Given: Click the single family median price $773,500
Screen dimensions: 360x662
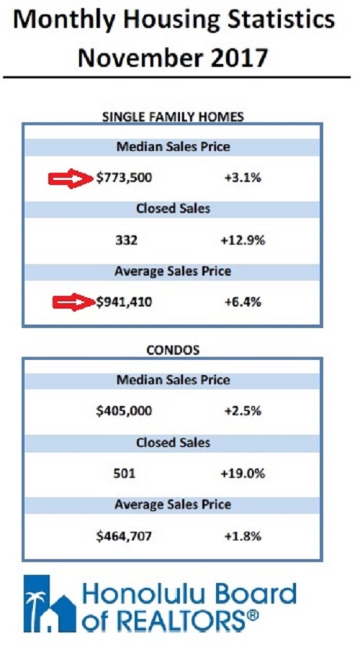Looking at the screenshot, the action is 124,178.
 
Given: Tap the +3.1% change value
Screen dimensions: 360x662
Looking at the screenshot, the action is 243,178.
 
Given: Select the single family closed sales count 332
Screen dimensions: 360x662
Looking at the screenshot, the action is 126,240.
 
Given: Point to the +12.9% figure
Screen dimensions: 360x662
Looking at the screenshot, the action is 243,240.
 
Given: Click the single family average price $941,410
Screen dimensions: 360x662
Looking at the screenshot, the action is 124,302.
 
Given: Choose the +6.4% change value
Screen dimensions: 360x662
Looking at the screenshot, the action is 243,302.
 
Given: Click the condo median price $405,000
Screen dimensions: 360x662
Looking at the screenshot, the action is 124,410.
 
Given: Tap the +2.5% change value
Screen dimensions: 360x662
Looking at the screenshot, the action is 243,410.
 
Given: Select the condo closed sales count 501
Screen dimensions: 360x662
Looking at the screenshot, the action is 125,473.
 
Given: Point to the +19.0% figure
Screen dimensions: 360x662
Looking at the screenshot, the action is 243,473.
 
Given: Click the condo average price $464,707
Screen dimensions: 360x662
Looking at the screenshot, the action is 124,536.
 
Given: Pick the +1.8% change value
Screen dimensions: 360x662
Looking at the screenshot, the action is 243,536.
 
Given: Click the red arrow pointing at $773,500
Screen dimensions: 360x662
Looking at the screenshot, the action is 71,179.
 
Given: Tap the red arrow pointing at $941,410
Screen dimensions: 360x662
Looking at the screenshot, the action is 73,302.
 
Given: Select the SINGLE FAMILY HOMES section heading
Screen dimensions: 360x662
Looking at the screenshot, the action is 174,117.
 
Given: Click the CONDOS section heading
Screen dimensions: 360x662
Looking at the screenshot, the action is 173,350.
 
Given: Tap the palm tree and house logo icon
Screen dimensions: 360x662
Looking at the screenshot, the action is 50,603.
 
